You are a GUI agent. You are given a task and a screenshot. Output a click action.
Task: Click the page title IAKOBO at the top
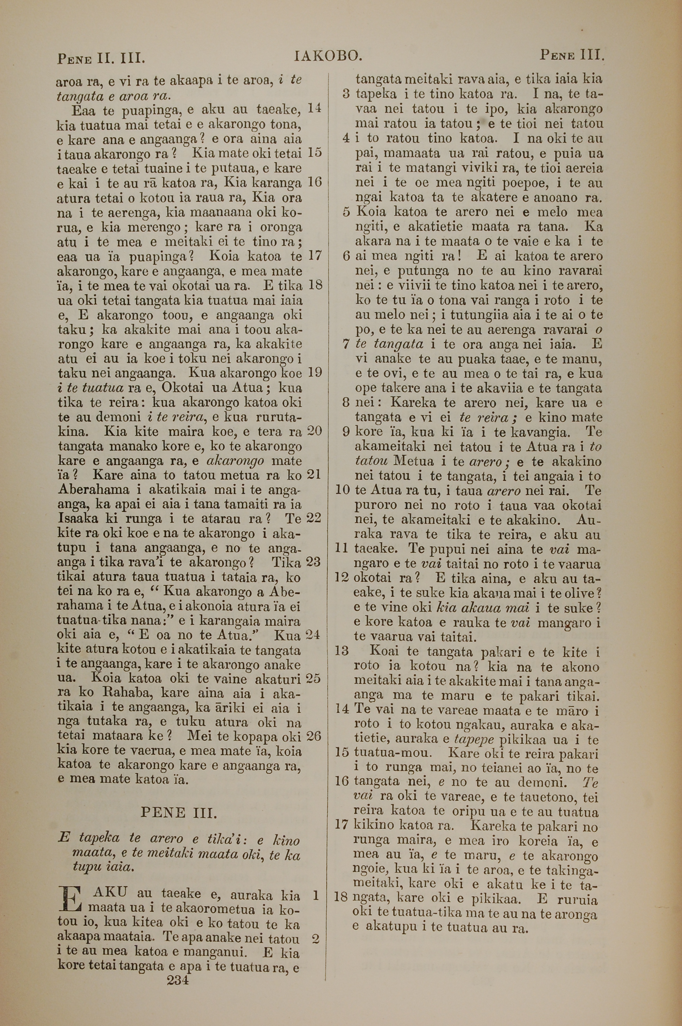328,56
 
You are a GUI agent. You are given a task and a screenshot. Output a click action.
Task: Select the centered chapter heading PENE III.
178,812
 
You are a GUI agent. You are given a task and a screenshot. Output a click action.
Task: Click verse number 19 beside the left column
314,372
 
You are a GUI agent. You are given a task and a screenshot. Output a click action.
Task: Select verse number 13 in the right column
342,651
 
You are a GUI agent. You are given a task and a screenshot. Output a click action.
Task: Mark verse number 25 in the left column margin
314,678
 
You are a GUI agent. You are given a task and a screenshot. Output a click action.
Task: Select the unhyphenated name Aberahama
93,489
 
